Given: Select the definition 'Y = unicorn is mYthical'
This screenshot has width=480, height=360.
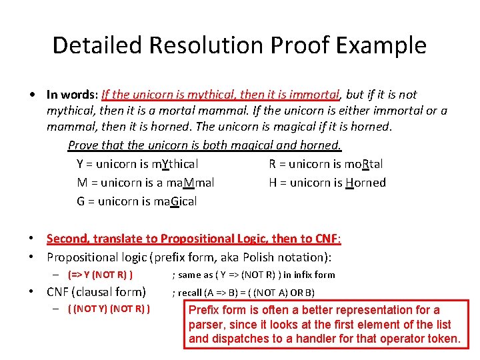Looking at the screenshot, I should pos(137,164).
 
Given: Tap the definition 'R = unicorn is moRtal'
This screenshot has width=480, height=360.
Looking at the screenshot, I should pos(326,164).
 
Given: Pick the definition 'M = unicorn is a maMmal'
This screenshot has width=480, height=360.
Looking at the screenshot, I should pos(145,183).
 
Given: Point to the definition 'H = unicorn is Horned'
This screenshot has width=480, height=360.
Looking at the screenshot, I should pos(327,183).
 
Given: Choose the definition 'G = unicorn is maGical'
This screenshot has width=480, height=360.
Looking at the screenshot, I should pos(137,201).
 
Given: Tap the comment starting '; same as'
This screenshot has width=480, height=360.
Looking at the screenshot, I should pos(253,275).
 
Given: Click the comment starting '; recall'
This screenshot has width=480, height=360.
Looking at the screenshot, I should pos(243,292).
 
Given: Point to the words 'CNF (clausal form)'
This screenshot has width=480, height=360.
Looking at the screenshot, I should pos(96,291).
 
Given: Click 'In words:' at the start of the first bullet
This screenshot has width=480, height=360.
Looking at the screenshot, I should pos(72,95).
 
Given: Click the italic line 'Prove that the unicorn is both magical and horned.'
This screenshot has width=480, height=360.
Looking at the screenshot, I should pos(205,145).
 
